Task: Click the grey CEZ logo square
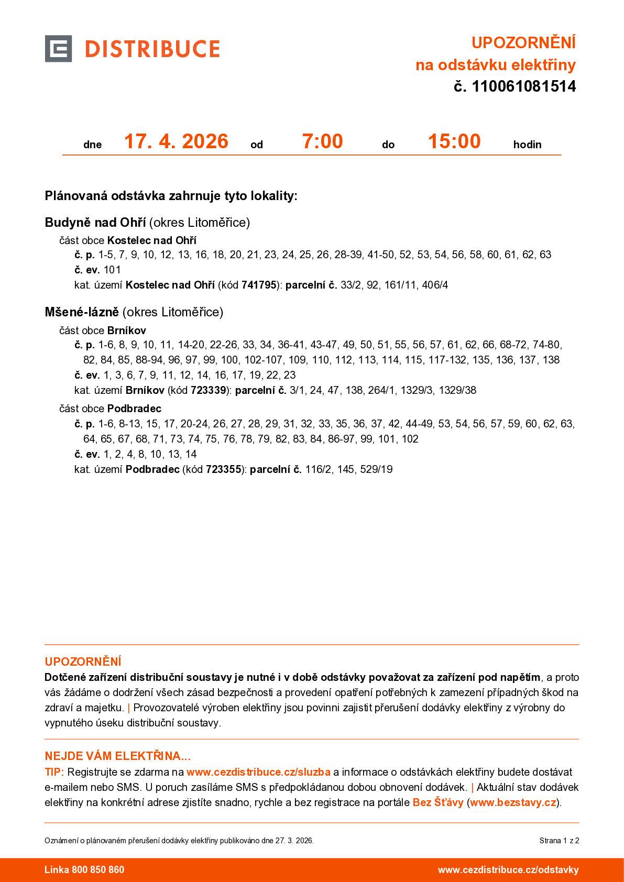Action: (x=58, y=49)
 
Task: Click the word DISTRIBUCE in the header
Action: (x=152, y=49)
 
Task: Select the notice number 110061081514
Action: (x=523, y=86)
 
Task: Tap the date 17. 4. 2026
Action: (x=176, y=141)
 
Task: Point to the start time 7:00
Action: (x=322, y=141)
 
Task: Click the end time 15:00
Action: (x=454, y=141)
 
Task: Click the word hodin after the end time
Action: (x=527, y=145)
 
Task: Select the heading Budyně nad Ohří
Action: (x=95, y=223)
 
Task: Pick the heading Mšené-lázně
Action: (x=82, y=312)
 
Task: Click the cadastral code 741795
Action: (x=258, y=285)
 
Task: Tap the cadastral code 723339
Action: (x=209, y=390)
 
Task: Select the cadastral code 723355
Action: (x=223, y=469)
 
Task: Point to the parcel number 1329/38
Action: (x=457, y=390)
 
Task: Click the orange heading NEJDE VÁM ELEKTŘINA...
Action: (x=117, y=756)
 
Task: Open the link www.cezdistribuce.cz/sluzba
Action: (x=258, y=772)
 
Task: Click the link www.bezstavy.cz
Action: (x=513, y=802)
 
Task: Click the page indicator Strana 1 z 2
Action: (x=559, y=841)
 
